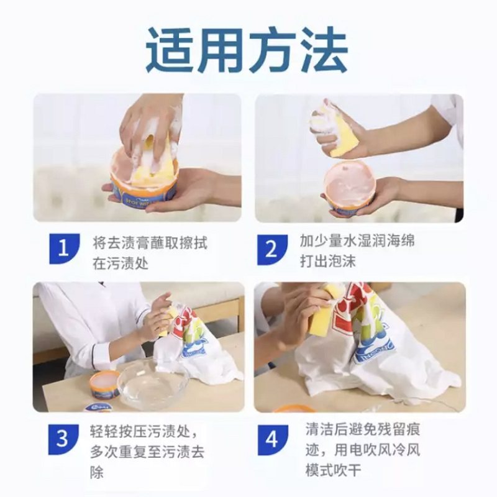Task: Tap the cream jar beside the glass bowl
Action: tap(104, 384)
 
